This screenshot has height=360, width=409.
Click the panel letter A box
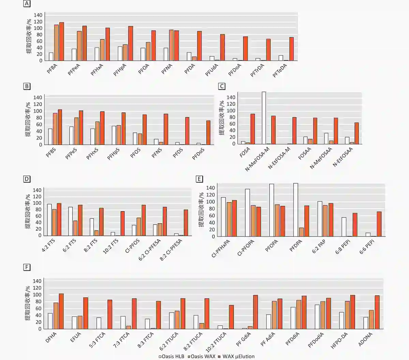click(x=27, y=4)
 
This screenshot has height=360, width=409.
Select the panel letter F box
click(x=27, y=267)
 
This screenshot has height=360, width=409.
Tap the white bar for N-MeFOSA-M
click(x=264, y=118)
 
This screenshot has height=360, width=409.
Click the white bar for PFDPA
click(x=296, y=210)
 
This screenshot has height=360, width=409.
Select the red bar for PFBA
click(x=62, y=42)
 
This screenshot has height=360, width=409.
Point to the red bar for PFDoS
click(x=208, y=132)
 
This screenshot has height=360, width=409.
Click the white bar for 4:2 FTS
click(x=49, y=220)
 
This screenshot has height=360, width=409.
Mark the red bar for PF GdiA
click(x=256, y=312)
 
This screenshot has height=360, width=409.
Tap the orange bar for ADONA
click(x=372, y=319)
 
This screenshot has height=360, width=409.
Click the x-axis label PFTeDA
click(x=280, y=71)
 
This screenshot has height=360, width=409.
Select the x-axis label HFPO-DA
click(x=339, y=340)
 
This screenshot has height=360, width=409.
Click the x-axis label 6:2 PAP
click(x=319, y=246)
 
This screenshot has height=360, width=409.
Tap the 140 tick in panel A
click(x=38, y=15)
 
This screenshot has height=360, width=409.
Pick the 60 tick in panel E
click(x=211, y=216)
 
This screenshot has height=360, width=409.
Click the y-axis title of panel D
click(x=28, y=212)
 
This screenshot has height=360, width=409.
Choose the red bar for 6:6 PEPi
click(x=379, y=224)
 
